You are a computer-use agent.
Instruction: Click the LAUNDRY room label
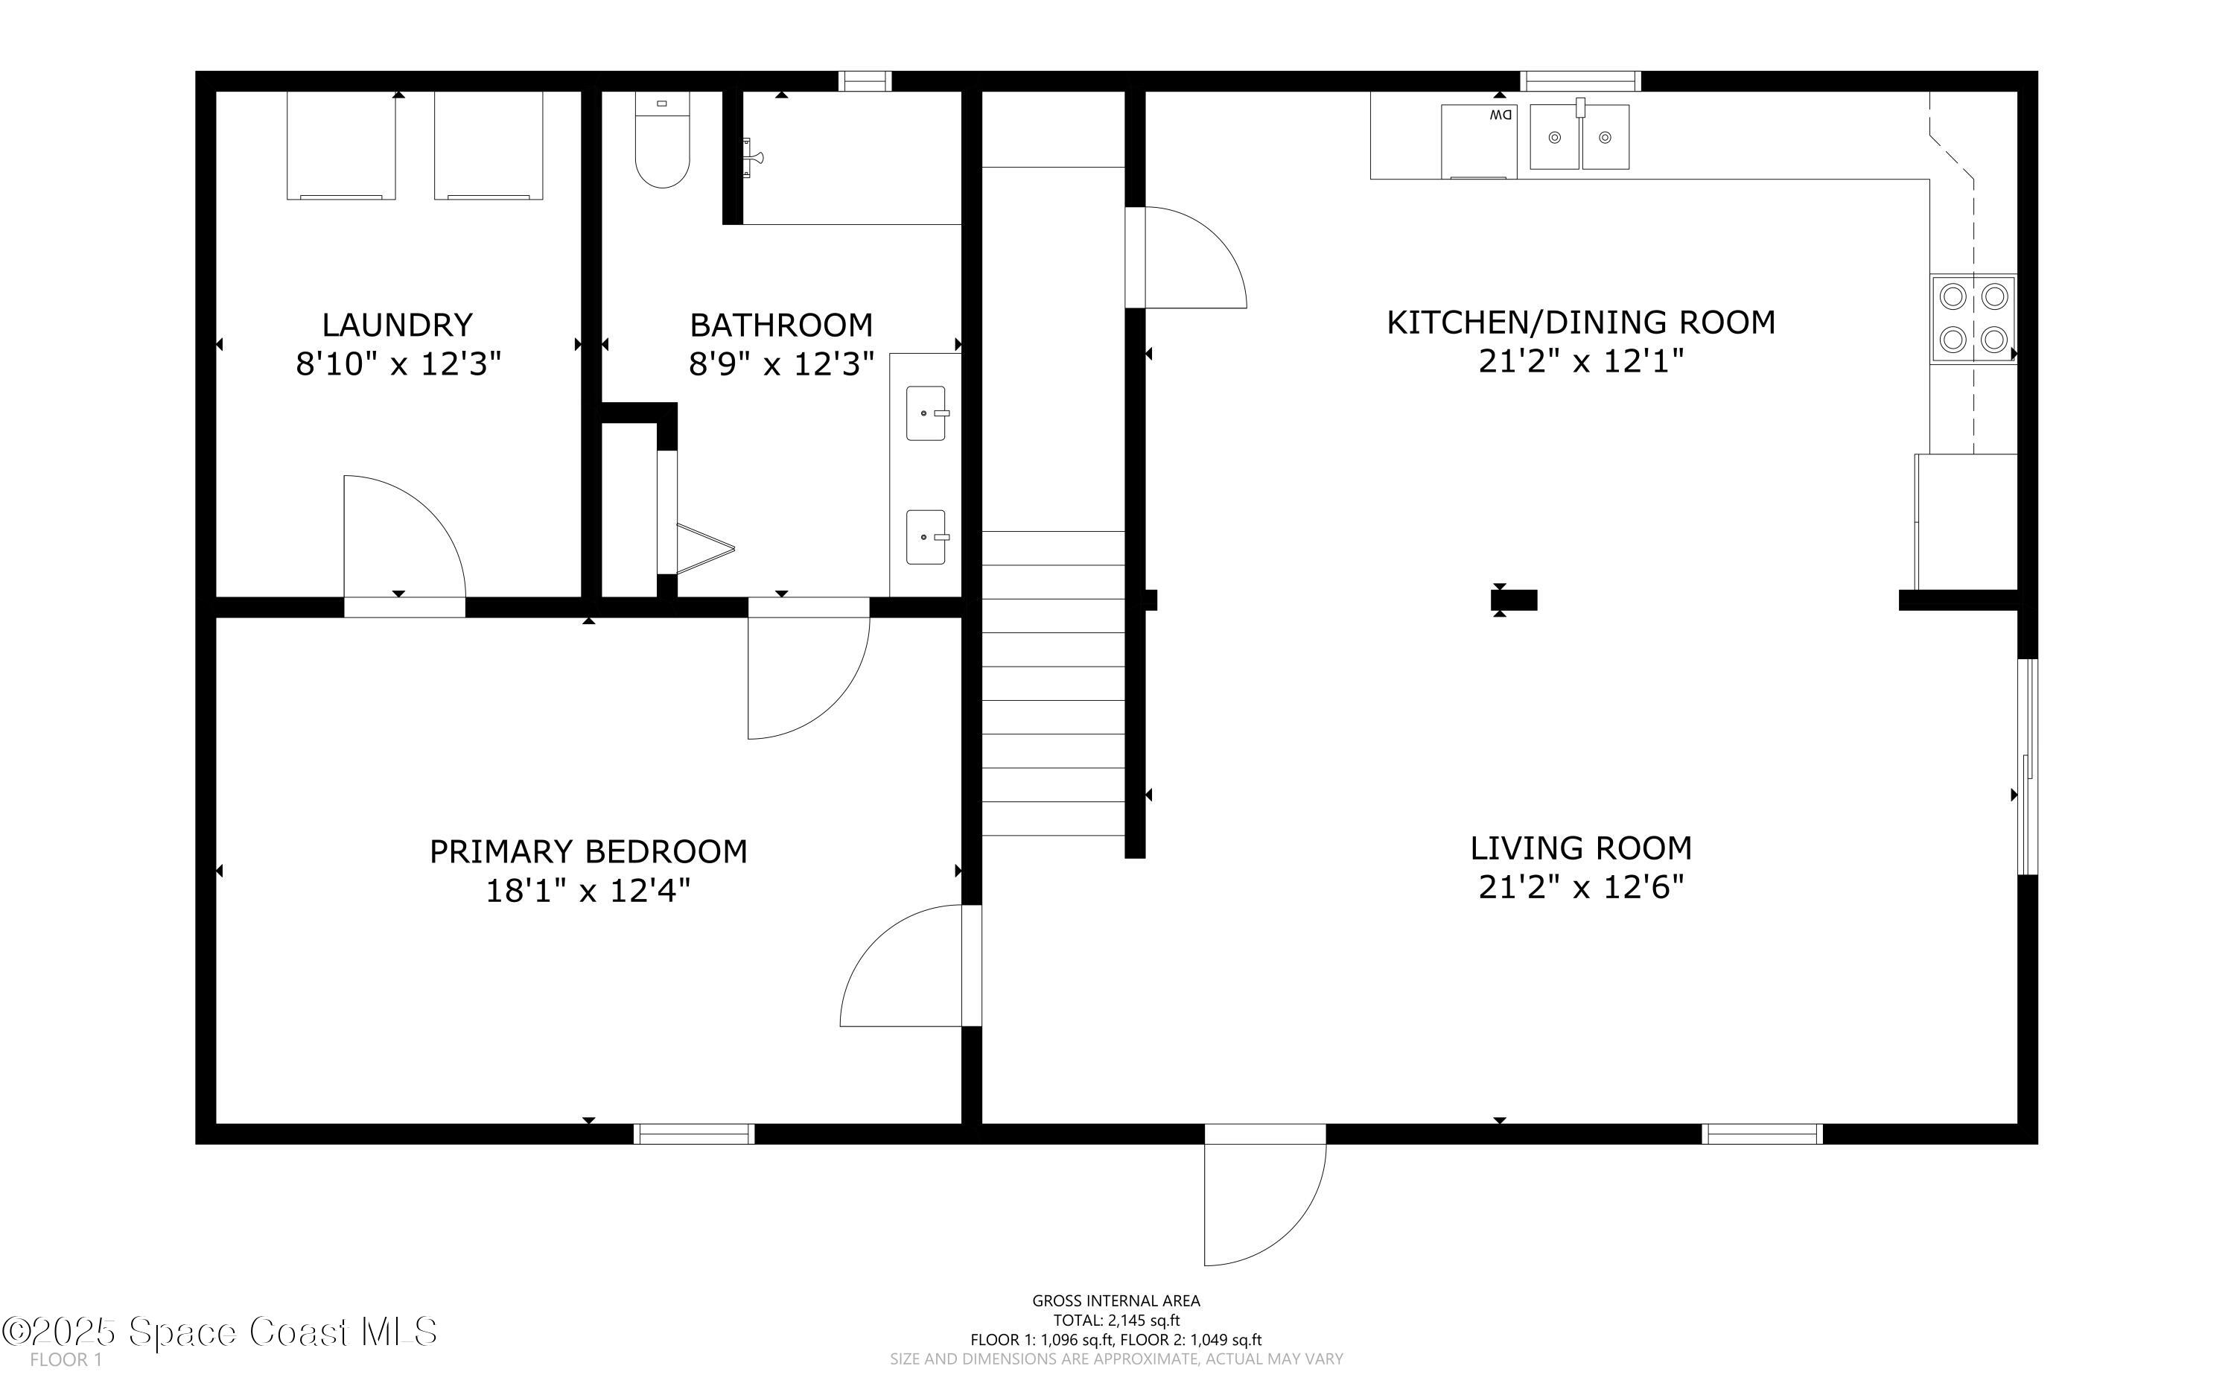point(397,325)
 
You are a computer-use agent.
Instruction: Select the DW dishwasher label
point(1501,115)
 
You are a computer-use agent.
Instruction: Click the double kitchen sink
point(1579,136)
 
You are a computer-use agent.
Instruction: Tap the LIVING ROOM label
point(1580,848)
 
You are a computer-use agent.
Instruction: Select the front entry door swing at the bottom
point(1264,1199)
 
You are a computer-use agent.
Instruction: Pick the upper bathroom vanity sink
point(925,413)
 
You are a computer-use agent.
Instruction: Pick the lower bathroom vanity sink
point(925,537)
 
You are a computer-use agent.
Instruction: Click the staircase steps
point(1052,683)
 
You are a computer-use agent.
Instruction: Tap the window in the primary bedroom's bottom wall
point(693,1134)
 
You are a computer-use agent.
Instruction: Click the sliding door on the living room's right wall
point(2028,766)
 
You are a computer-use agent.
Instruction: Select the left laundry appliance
point(340,146)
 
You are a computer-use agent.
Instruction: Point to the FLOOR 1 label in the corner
point(66,1360)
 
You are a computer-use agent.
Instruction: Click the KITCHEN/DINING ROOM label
point(1580,322)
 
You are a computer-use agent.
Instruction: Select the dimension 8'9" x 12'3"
point(780,364)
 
